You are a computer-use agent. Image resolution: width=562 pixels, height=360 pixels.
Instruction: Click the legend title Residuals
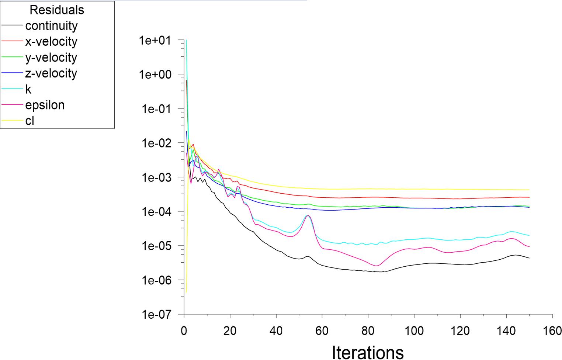(x=57, y=10)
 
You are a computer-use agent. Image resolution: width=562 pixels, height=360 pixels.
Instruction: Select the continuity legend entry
(x=51, y=26)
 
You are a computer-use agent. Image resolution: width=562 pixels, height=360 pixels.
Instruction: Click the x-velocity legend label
(x=51, y=42)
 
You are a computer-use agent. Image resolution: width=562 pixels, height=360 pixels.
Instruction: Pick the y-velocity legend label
(x=51, y=58)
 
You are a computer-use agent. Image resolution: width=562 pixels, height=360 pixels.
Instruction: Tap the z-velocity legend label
(x=51, y=73)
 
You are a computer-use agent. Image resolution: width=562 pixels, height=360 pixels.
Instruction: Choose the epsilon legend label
(x=45, y=105)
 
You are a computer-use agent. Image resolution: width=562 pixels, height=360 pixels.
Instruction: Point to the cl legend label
(x=30, y=121)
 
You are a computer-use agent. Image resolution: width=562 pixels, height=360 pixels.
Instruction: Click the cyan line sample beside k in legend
(x=13, y=89)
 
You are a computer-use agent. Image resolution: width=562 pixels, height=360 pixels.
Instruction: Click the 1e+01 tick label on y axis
(x=155, y=40)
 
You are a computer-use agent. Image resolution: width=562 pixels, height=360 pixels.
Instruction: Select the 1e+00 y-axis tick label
(x=155, y=75)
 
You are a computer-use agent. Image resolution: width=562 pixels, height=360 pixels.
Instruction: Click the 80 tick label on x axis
(x=368, y=330)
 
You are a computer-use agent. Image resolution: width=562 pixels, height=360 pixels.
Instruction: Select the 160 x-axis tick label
(x=552, y=330)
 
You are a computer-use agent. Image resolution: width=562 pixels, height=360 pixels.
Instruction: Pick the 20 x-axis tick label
(x=230, y=330)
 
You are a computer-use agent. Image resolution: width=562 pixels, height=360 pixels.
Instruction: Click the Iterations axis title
(x=368, y=352)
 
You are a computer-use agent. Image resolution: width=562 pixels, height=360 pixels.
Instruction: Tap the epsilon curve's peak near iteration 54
(x=308, y=215)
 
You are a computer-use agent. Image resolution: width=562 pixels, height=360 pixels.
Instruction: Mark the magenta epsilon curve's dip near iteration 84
(x=377, y=266)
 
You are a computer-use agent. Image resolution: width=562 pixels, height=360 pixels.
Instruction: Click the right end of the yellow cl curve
(x=529, y=190)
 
